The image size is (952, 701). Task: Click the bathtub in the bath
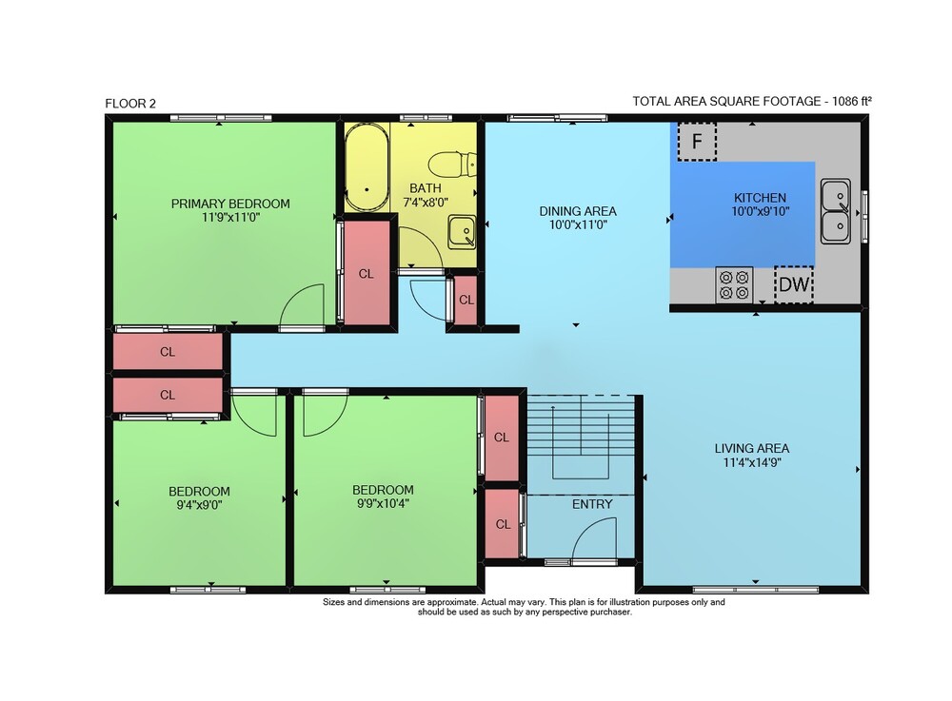coord(367,167)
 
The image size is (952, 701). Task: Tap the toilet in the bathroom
coord(452,164)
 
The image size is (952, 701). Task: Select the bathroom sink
coord(462,232)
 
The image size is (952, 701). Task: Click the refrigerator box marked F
coord(697,142)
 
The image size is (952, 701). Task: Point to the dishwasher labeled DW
coord(794,283)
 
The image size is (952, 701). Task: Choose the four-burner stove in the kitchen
coord(734,285)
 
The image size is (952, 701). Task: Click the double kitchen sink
coord(836,211)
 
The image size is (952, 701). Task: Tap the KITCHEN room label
coord(760,198)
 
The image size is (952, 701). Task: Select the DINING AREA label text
coord(578,211)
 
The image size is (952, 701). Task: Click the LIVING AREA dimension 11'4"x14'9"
coord(752,462)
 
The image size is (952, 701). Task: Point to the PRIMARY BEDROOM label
coord(230,204)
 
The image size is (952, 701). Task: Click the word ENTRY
coord(592,504)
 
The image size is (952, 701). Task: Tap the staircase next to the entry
coord(581,437)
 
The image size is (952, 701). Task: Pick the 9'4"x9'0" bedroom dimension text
coord(199,505)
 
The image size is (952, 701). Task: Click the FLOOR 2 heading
coord(130,104)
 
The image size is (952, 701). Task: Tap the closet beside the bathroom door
coord(466,300)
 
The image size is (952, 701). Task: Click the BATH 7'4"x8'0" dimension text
coord(426,202)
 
